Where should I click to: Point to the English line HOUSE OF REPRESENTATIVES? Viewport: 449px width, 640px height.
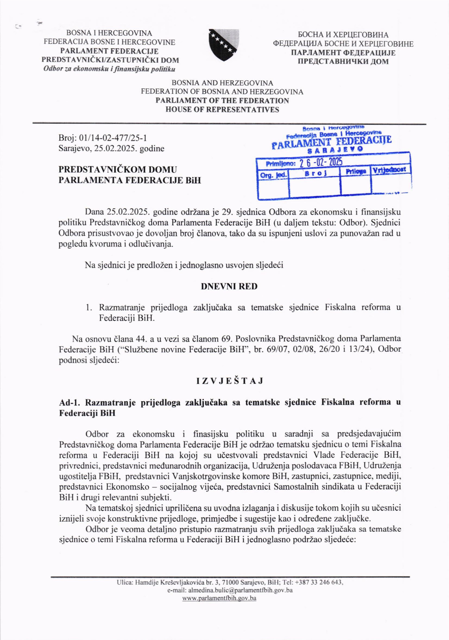222,110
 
